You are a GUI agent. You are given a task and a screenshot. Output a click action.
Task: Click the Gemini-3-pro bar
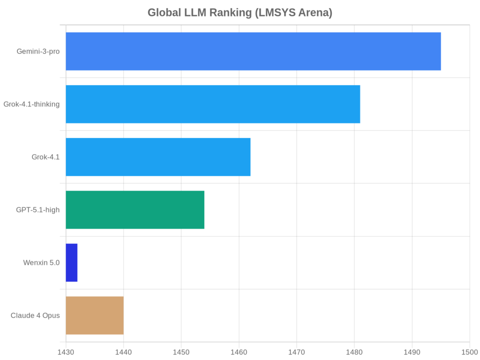[253, 51]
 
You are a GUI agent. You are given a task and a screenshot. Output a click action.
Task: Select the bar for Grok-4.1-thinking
[213, 104]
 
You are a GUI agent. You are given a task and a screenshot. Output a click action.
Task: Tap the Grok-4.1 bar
[158, 157]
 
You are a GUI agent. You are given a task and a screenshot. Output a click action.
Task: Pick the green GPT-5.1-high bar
[135, 210]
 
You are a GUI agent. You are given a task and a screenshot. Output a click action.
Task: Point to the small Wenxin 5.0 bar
[72, 263]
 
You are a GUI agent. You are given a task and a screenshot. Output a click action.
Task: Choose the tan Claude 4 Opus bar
[95, 315]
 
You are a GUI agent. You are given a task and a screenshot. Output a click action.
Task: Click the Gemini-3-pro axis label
[38, 51]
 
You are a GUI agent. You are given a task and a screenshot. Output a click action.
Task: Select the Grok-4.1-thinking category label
[32, 104]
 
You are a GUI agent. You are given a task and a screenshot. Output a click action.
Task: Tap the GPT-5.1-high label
[38, 210]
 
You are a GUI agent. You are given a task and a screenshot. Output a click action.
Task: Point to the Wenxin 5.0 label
[41, 263]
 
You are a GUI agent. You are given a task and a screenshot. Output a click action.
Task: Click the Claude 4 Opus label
[35, 315]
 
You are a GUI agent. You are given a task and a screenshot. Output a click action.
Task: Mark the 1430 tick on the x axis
[65, 352]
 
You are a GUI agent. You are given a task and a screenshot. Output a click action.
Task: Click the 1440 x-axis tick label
[123, 352]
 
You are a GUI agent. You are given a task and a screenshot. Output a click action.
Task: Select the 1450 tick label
[181, 352]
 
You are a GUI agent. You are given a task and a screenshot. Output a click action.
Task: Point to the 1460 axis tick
[239, 352]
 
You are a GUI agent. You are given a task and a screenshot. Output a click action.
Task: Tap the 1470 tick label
[296, 352]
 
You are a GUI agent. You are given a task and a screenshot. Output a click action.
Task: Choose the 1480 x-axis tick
[354, 352]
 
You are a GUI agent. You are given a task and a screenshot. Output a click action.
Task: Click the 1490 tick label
[412, 352]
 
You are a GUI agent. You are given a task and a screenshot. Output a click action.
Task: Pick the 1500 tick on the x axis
[470, 352]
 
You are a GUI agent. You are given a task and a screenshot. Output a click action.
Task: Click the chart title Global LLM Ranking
[240, 13]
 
